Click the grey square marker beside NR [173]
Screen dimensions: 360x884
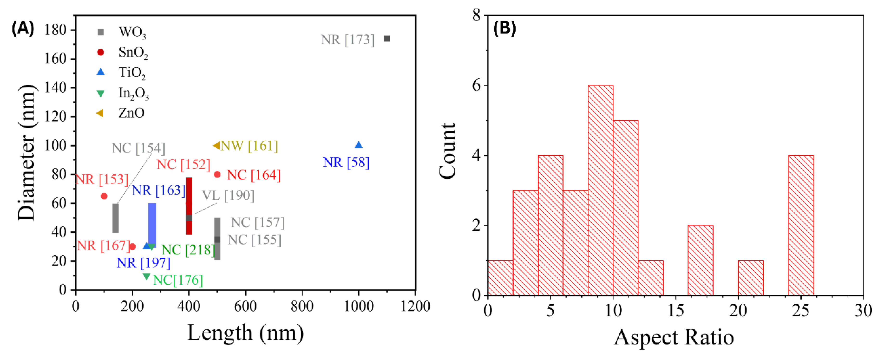[x=387, y=39]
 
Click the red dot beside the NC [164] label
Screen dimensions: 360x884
[x=217, y=174]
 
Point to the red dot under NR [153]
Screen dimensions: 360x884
[x=104, y=196]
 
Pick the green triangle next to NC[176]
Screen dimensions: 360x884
[x=147, y=276]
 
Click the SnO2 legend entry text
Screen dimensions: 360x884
[x=133, y=52]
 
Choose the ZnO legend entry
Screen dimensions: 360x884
[x=131, y=113]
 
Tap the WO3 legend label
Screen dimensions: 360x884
[x=132, y=32]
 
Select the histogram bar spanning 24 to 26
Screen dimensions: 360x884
[x=801, y=225]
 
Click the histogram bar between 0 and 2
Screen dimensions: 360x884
[x=500, y=278]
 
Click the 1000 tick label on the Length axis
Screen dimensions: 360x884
[x=359, y=306]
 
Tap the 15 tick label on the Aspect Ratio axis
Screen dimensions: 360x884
[x=675, y=311]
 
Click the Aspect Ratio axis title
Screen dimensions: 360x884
[x=674, y=338]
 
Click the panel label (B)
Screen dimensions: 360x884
[x=504, y=28]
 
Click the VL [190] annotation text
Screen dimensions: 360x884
[x=228, y=196]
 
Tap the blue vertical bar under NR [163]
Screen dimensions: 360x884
[x=152, y=225]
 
